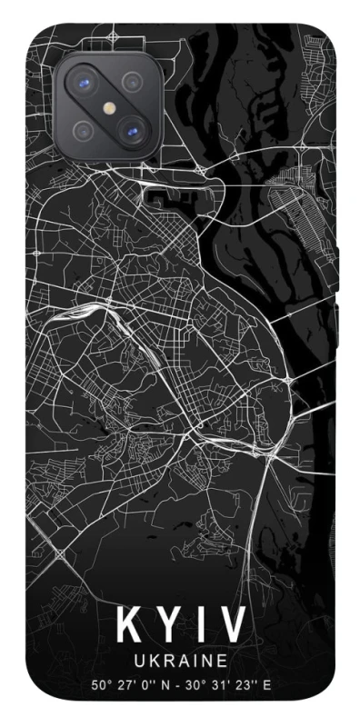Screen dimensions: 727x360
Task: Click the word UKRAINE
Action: tap(181, 661)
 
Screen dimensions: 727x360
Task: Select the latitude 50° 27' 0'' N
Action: tap(132, 684)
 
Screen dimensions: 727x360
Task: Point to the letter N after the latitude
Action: tap(167, 684)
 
